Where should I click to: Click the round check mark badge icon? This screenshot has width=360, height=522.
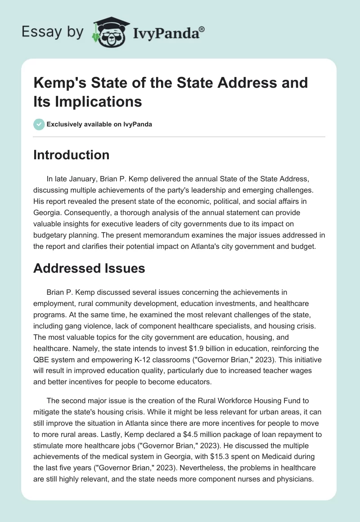[x=39, y=124]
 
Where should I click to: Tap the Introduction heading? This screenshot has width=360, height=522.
[x=71, y=155]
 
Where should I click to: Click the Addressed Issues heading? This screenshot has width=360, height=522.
[x=89, y=268]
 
